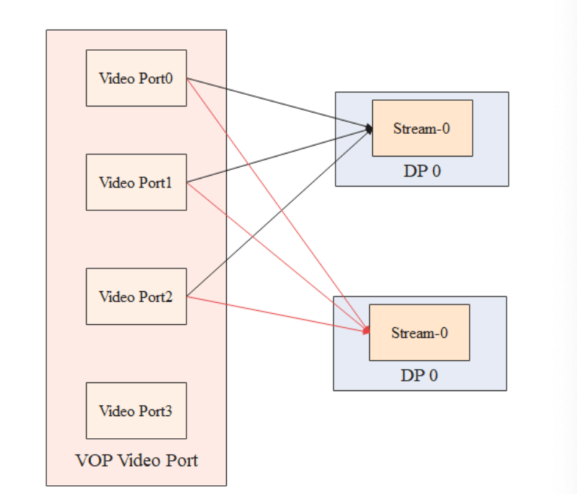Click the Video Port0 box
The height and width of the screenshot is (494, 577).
136,78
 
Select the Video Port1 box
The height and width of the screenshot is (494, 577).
136,182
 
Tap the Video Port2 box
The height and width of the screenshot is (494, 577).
136,297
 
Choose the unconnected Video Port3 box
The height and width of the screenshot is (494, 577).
136,411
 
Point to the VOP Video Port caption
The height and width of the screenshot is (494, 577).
137,461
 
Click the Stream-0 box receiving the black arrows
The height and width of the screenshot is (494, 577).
422,129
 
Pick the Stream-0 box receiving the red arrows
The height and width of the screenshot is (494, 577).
419,333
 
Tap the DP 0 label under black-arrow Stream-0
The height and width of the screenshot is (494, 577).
421,171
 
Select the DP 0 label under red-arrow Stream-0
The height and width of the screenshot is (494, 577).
419,376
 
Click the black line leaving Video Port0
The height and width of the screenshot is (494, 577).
279,104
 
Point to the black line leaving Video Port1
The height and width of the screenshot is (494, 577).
279,155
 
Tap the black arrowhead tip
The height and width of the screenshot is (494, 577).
371,129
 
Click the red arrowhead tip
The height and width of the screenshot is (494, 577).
367,332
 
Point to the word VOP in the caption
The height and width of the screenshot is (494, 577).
90,461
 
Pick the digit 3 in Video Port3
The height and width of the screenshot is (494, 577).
169,411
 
